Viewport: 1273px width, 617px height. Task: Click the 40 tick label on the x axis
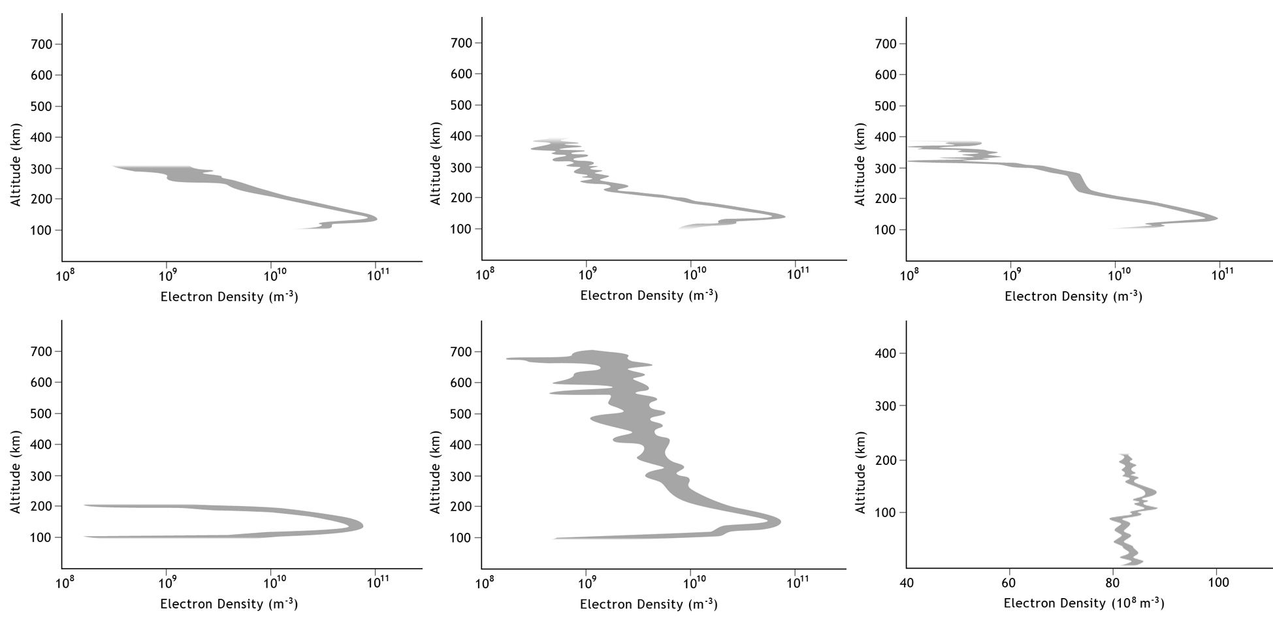point(907,582)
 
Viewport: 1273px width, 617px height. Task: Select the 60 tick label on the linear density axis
point(1009,582)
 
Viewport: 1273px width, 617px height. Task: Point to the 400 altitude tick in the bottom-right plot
point(886,353)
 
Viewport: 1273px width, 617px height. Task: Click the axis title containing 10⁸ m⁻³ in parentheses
point(1084,603)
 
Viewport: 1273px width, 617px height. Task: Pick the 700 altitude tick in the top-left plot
point(41,44)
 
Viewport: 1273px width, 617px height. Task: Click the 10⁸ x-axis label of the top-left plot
point(63,276)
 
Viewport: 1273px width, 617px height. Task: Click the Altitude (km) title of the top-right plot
point(860,164)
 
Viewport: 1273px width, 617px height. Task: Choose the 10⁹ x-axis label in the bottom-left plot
point(168,583)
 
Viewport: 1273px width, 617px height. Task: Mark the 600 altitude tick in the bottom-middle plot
point(462,383)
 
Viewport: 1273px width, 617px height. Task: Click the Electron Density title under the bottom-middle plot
point(649,604)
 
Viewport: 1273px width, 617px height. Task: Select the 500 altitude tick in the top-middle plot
point(462,105)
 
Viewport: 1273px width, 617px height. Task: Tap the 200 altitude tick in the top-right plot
point(886,198)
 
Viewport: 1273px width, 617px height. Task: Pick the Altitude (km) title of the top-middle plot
point(436,163)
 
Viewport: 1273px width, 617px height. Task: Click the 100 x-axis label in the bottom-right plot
point(1219,582)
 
